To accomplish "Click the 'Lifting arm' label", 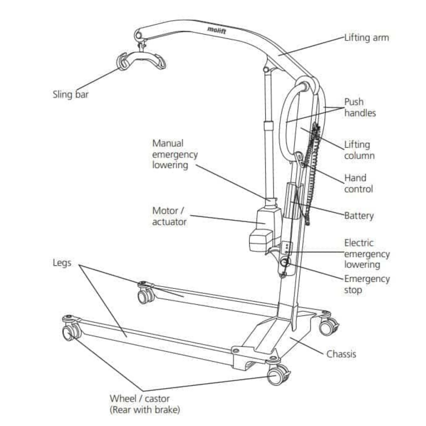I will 366,38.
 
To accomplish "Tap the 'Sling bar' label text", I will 70,94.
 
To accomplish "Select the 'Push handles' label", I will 360,107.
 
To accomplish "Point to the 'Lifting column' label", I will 359,150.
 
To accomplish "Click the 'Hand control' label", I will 358,183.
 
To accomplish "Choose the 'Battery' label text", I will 359,216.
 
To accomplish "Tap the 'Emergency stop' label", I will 367,284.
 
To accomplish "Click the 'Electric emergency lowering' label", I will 367,254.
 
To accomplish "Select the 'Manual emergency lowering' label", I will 175,154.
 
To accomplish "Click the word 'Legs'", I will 62,263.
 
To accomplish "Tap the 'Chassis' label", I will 341,354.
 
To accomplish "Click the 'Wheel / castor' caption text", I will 139,399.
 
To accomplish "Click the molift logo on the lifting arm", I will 216,30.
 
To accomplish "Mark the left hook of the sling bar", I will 122,61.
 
